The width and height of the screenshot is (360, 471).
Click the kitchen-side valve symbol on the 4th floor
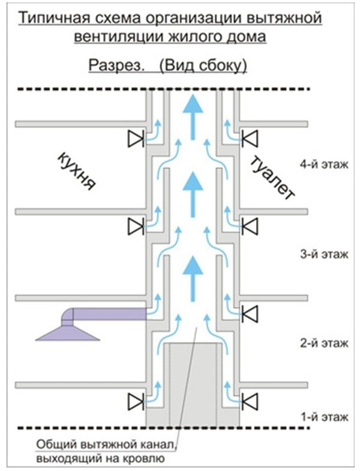(135, 139)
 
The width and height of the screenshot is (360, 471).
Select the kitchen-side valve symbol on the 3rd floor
(135, 226)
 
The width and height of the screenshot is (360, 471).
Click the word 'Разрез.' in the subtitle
(115, 65)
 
